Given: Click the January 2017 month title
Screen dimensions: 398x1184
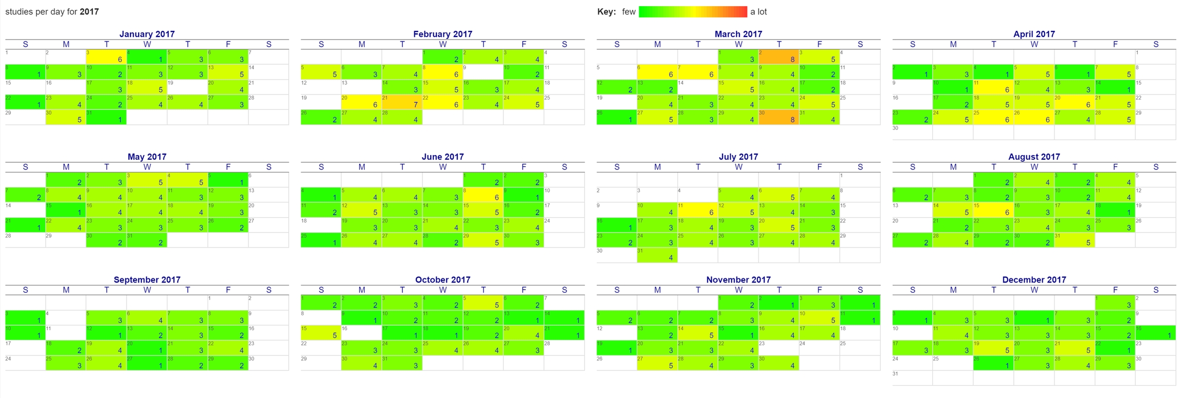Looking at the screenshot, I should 147,34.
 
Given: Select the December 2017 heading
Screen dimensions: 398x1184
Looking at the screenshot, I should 1034,279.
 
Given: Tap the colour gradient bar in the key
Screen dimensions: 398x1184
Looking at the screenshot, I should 692,12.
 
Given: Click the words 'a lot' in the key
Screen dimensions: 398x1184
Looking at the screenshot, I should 758,12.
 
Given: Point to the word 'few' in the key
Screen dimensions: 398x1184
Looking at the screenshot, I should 628,12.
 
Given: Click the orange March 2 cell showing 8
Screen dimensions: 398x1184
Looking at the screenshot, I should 779,56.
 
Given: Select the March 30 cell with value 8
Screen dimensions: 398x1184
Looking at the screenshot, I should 779,117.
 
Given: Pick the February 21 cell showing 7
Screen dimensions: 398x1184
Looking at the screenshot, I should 402,102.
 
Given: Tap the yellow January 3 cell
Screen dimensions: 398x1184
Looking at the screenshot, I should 106,56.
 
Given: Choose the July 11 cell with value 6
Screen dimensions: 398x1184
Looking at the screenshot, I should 697,210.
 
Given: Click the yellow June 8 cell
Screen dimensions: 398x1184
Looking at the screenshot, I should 483,195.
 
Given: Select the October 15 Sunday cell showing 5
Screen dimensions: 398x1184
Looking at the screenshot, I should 321,332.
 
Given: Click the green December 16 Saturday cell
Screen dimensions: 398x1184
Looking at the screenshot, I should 1156,332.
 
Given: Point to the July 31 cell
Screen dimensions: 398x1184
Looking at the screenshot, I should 657,255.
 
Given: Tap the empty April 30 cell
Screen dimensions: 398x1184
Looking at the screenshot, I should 912,132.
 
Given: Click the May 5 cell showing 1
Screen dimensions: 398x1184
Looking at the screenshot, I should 228,180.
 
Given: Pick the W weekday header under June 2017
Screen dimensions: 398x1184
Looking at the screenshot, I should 442,167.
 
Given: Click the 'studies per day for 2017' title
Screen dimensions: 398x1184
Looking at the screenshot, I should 52,11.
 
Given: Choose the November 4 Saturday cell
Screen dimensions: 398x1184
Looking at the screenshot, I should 860,302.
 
